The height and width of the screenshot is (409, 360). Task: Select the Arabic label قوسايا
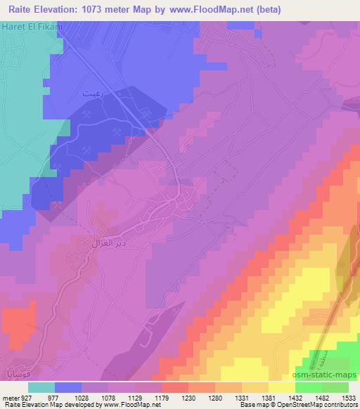pos(15,370)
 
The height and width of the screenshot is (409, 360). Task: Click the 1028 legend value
pos(82,397)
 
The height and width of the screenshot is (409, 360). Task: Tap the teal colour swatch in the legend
pos(41,387)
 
